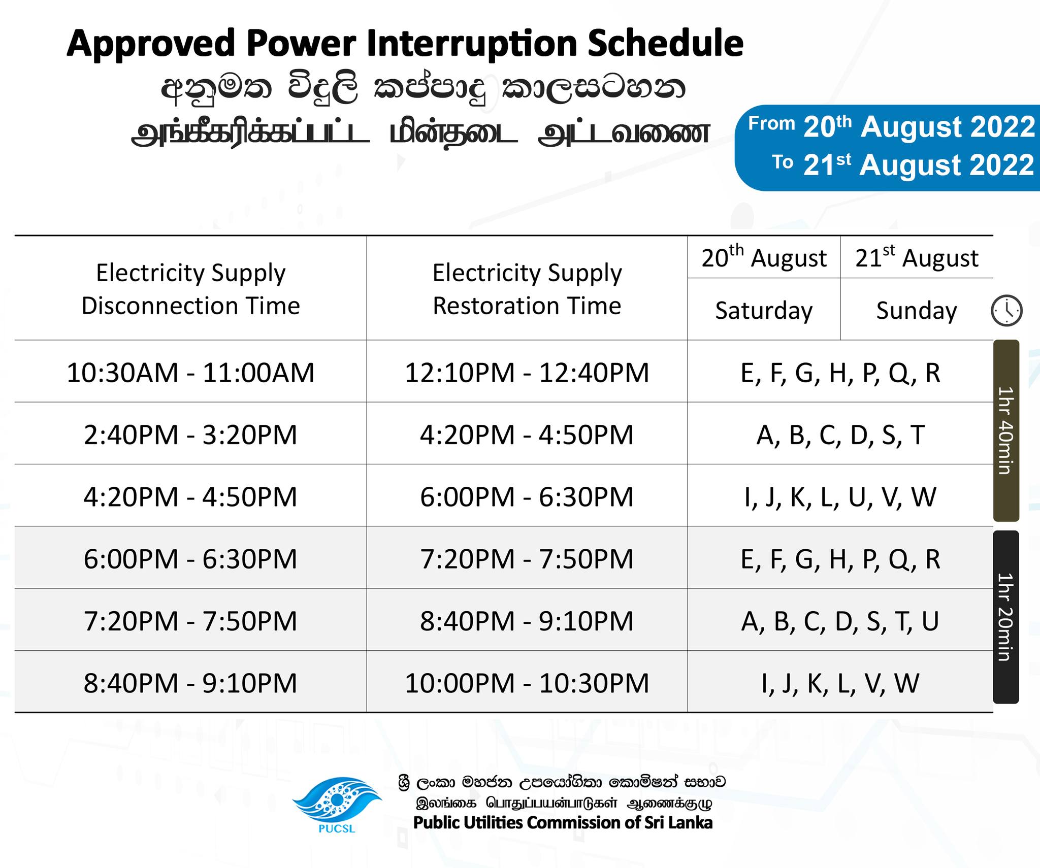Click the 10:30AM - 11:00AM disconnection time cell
click(190, 373)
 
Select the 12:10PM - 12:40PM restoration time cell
click(527, 373)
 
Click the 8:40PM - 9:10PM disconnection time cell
click(190, 683)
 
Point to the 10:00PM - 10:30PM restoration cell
click(527, 683)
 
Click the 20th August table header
click(764, 257)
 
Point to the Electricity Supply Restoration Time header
click(527, 289)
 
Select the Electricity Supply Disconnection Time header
click(190, 289)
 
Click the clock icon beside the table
click(1006, 310)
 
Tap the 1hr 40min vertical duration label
click(1006, 430)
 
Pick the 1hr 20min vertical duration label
click(1006, 617)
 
